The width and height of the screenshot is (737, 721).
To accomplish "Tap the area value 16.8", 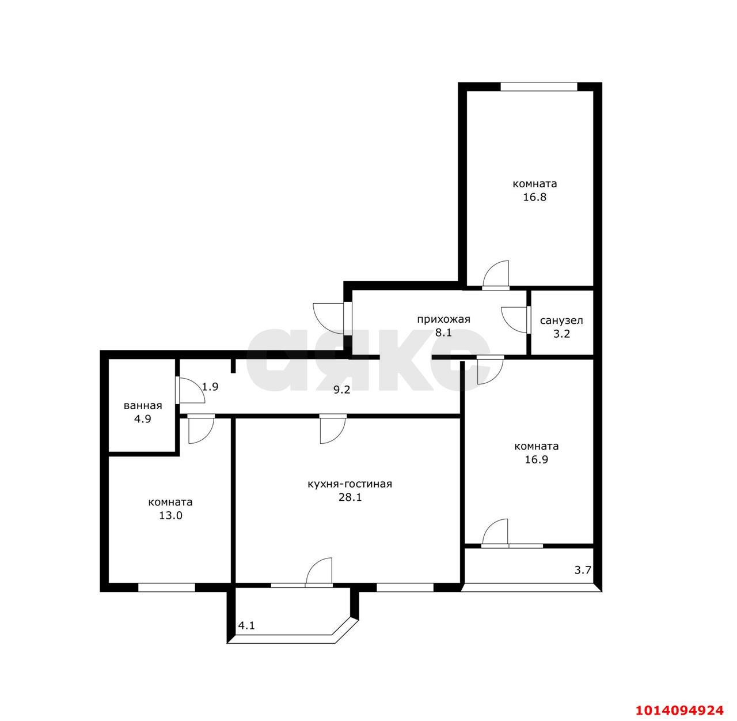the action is pyautogui.click(x=535, y=197).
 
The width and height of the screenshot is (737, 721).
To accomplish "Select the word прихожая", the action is pyautogui.click(x=443, y=319).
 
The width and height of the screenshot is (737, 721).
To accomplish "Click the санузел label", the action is pyautogui.click(x=561, y=320).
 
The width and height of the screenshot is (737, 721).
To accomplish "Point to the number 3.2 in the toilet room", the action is pyautogui.click(x=561, y=334).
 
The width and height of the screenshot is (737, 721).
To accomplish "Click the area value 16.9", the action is pyautogui.click(x=537, y=459).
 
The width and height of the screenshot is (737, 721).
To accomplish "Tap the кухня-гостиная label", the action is pyautogui.click(x=349, y=484).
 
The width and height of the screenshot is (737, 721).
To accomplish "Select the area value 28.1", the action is pyautogui.click(x=350, y=497).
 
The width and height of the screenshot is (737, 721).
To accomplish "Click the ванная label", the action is pyautogui.click(x=143, y=406).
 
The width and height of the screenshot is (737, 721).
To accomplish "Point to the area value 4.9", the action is pyautogui.click(x=143, y=419).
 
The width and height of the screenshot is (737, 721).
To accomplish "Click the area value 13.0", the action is pyautogui.click(x=171, y=516).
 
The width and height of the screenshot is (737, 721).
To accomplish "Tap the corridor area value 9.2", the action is pyautogui.click(x=341, y=390).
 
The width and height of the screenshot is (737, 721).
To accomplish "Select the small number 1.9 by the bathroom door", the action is pyautogui.click(x=210, y=387).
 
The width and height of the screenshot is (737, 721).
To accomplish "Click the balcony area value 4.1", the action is pyautogui.click(x=246, y=625).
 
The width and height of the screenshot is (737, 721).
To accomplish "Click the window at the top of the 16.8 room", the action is pyautogui.click(x=538, y=87).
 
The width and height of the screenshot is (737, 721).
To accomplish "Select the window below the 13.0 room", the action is pyautogui.click(x=166, y=587).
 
